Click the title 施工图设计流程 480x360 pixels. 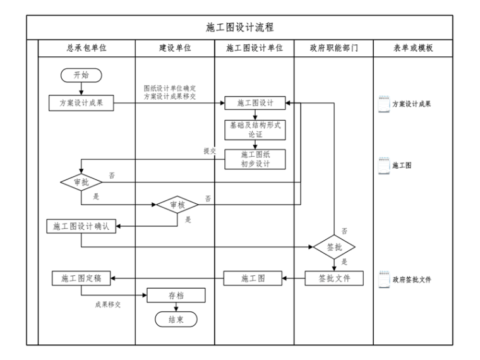[x=239, y=27]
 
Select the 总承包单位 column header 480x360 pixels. [x=87, y=48]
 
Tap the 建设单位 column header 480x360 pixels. [x=175, y=48]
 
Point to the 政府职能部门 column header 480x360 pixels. [x=333, y=48]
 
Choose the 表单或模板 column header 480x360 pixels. [x=412, y=48]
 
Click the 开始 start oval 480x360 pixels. [x=81, y=75]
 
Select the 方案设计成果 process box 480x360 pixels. [x=81, y=104]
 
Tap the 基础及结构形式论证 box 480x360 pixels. [x=255, y=129]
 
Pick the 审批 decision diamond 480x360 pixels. [x=81, y=183]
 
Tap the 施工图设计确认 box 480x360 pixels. [x=81, y=226]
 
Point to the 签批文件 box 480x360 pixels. [x=335, y=278]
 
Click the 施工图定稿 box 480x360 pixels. [x=81, y=278]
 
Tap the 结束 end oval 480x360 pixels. [x=176, y=320]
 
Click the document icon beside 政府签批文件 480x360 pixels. [x=384, y=279]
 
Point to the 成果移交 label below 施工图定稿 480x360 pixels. [x=108, y=304]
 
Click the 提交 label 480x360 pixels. [x=210, y=151]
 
